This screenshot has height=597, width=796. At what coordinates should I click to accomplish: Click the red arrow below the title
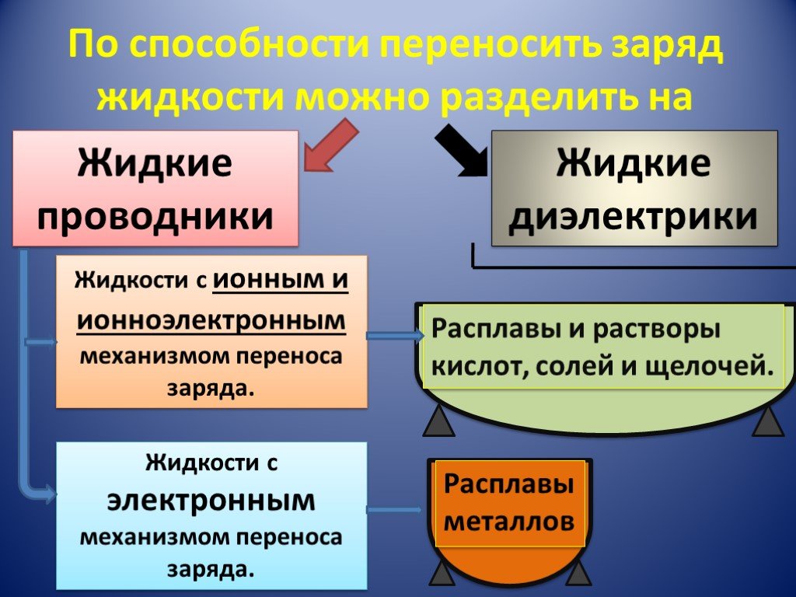[x=330, y=145]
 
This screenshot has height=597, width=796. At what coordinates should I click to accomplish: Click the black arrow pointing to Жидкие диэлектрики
[x=461, y=151]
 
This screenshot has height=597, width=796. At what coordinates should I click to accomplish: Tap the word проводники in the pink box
[x=155, y=217]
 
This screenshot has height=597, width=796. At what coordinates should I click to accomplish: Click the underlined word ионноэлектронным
[x=211, y=320]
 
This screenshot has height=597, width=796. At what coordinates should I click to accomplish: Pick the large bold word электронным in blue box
[x=211, y=501]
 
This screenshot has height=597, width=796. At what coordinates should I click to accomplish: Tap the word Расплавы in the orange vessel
[x=508, y=484]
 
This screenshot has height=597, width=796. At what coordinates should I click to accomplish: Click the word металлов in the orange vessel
[x=508, y=521]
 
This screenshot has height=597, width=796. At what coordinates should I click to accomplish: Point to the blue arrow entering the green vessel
[x=395, y=336]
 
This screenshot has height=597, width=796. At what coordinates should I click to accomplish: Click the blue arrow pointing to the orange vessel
[x=394, y=510]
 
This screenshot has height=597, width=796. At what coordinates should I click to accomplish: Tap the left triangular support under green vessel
[x=439, y=421]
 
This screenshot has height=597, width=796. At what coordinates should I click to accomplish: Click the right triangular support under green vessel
[x=768, y=421]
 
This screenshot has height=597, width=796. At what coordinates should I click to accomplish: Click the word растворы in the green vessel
[x=657, y=330]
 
